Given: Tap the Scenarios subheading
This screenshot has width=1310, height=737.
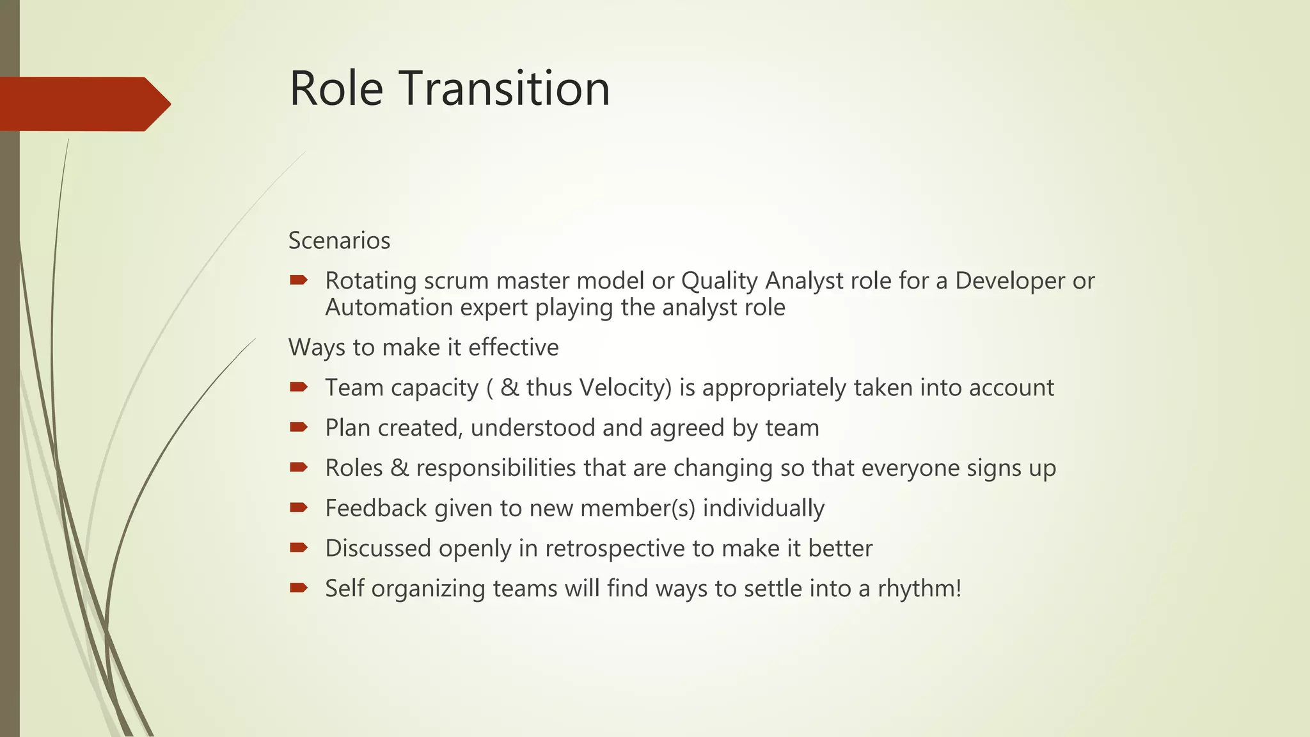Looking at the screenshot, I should [x=339, y=241].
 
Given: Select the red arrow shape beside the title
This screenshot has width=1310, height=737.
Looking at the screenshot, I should [x=83, y=104].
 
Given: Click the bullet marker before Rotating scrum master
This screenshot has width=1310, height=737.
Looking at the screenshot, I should [x=299, y=280].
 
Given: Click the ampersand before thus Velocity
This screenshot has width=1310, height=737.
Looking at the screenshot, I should [x=510, y=388].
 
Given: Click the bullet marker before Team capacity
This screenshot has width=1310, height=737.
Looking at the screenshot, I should [x=299, y=386].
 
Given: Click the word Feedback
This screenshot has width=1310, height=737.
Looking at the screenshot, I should [x=375, y=508].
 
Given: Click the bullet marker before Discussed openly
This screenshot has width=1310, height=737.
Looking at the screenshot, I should [x=299, y=547].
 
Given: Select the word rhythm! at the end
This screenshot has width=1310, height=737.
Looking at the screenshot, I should [x=919, y=589].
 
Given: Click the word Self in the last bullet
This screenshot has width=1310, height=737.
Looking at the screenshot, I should [x=344, y=589].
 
